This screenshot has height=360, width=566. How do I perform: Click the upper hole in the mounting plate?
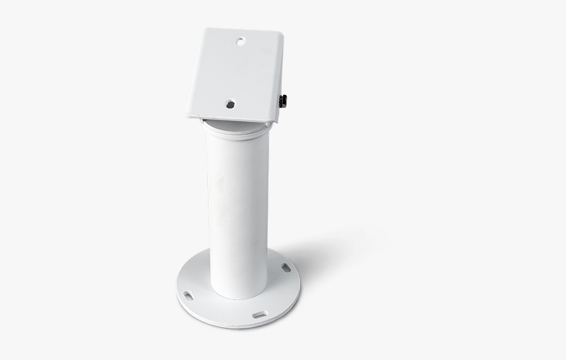(241, 41)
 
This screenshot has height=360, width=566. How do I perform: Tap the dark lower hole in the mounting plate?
(230, 104)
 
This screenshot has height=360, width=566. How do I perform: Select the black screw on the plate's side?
(284, 101)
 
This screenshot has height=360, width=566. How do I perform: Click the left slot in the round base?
(188, 295)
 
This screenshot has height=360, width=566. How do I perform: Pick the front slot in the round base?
(259, 315)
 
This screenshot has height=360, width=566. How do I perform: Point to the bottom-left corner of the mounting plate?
(187, 116)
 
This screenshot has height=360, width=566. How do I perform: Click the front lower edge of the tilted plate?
(230, 120)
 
